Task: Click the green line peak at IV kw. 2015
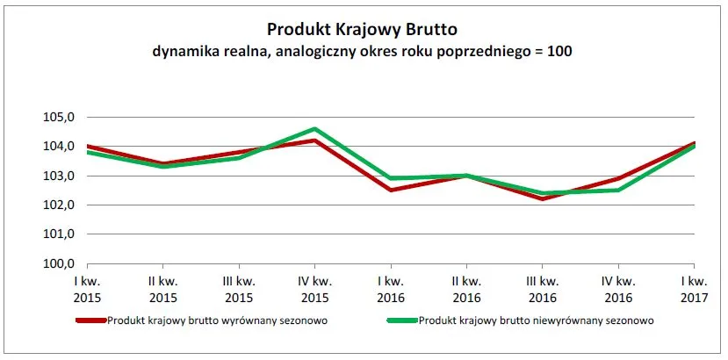(x=314, y=129)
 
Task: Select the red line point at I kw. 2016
(x=390, y=190)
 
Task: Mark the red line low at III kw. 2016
(x=542, y=198)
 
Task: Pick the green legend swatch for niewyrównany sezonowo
(x=402, y=320)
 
